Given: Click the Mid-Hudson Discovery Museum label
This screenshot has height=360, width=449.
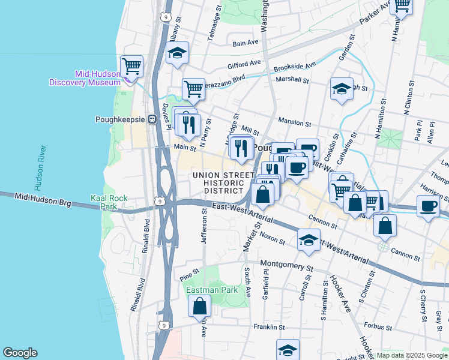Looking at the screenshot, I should tap(86, 78).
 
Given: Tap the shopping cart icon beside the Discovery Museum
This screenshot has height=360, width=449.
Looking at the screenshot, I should tap(131, 66).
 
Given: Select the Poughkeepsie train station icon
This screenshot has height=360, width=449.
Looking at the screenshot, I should tap(152, 118).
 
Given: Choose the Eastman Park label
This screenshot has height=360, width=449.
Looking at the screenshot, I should tap(208, 290).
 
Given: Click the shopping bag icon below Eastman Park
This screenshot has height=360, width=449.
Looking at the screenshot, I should tap(199, 306).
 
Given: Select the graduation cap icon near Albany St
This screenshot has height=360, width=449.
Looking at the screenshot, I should tap(177, 53).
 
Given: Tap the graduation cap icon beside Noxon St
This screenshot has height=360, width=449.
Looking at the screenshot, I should tap(309, 240).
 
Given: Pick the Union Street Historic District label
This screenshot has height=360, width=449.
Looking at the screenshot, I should tap(218, 182).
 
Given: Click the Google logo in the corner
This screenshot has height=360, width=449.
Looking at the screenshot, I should tap(20, 353).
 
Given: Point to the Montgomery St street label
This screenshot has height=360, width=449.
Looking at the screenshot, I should tap(287, 264).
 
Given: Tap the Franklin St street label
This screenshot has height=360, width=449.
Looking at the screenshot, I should tap(268, 327).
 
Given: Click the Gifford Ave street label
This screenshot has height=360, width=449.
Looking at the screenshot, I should tap(244, 63).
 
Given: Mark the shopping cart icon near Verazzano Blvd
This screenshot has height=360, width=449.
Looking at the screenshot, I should tap(193, 89).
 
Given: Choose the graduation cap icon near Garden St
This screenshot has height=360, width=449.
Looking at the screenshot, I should tap(342, 89).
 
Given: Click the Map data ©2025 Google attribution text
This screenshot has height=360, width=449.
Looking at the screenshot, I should tap(411, 355).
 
